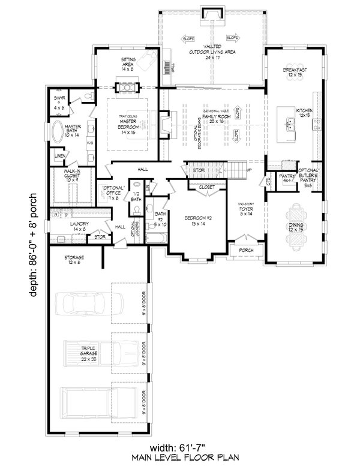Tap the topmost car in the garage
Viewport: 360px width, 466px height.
(x=87, y=303)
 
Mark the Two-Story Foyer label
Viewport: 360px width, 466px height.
(x=246, y=208)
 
